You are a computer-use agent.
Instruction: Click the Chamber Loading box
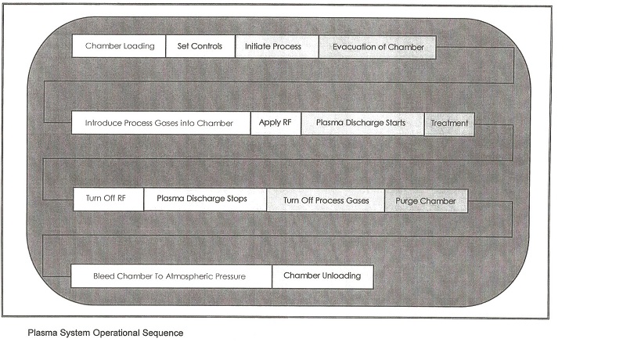click(x=120, y=46)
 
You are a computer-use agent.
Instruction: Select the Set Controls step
click(x=200, y=46)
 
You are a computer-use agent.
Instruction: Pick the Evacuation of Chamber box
click(x=378, y=47)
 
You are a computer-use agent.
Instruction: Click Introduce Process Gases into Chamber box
click(x=159, y=123)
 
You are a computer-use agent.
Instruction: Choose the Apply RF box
click(x=275, y=123)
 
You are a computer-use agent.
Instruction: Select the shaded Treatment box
click(x=449, y=124)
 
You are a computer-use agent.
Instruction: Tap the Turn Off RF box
click(x=106, y=199)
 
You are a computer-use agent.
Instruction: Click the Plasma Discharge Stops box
click(x=202, y=199)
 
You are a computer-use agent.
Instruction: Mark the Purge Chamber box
click(x=426, y=201)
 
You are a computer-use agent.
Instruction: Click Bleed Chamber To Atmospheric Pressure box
click(x=169, y=276)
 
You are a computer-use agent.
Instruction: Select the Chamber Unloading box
click(x=322, y=276)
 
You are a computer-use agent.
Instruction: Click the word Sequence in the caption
click(x=164, y=333)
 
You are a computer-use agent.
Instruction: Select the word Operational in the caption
click(x=116, y=333)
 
